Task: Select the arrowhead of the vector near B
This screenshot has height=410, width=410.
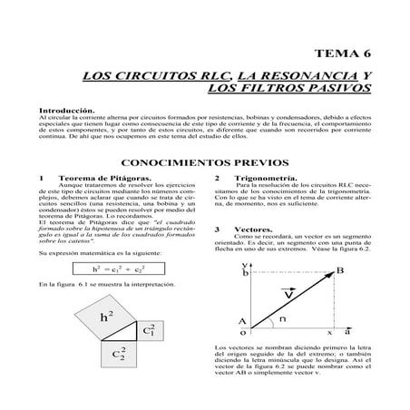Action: coord(327,275)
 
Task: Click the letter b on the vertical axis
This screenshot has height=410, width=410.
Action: coord(246,271)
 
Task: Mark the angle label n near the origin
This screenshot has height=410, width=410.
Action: coord(283,319)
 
